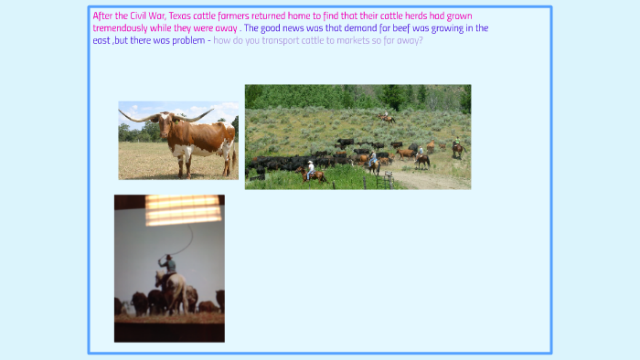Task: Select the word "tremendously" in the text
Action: [121, 28]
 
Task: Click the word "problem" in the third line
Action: [186, 40]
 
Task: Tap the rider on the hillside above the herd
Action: [387, 117]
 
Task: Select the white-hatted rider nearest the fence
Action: [311, 170]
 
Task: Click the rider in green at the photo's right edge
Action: [457, 146]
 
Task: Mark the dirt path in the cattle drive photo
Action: [430, 178]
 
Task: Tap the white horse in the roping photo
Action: [172, 291]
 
